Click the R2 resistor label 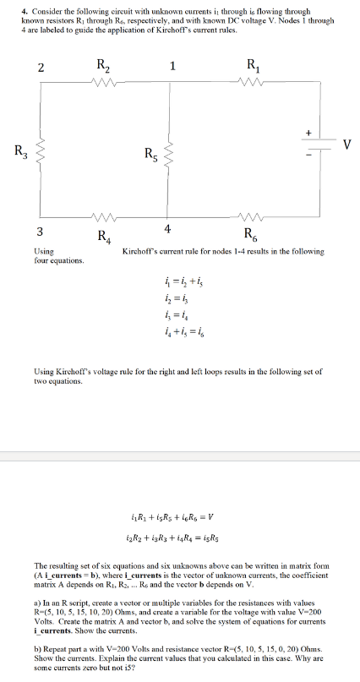pyautogui.click(x=103, y=63)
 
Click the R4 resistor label pyautogui.click(x=104, y=235)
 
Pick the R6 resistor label pyautogui.click(x=252, y=235)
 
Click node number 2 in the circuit pyautogui.click(x=40, y=68)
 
